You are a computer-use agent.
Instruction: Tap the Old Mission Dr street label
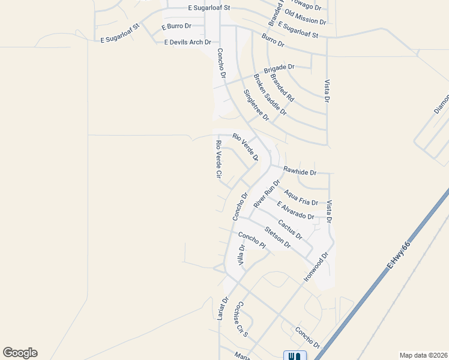[305, 17]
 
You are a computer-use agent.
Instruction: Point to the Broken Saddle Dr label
[270, 95]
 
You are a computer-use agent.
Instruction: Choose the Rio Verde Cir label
[219, 160]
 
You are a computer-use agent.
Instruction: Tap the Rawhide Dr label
[300, 172]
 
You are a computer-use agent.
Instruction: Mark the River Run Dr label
[267, 193]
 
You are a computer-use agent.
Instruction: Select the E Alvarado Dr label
[295, 211]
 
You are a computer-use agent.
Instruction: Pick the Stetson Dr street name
[277, 237]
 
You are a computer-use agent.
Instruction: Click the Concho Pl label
[252, 241]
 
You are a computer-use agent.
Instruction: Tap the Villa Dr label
[242, 256]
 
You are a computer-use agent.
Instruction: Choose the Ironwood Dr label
[317, 267]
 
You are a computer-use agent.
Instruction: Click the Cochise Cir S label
[241, 318]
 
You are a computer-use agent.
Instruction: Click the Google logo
[20, 353]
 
